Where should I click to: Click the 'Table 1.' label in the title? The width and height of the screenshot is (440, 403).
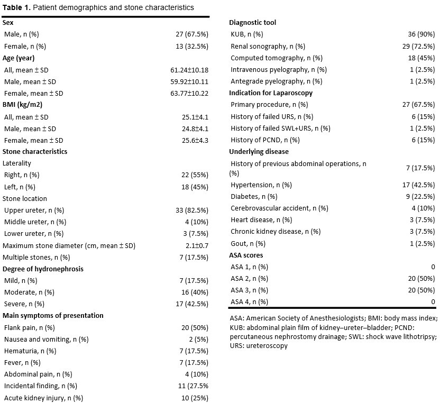(16, 7)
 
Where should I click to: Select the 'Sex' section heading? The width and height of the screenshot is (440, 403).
(8, 22)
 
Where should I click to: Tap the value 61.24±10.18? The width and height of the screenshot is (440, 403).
(189, 70)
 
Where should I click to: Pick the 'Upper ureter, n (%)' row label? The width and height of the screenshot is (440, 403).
(34, 210)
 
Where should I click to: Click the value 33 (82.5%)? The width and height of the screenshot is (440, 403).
(192, 210)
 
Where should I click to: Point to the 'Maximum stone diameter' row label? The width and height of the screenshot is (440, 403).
(43, 245)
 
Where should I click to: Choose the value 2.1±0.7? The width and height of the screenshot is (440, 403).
(197, 245)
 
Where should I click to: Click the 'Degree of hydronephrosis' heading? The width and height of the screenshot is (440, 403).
(43, 269)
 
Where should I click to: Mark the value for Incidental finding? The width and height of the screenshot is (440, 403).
(193, 386)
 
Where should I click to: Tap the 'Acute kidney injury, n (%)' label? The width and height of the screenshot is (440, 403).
(43, 398)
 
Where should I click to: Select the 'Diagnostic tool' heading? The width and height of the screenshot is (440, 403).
(253, 22)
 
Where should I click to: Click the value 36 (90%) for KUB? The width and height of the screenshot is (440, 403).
(421, 34)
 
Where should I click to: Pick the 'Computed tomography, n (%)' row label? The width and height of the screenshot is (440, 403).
(277, 58)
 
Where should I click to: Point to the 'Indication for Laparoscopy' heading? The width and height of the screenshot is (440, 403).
(271, 93)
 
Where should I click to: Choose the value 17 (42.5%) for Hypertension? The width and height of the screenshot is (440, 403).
(418, 185)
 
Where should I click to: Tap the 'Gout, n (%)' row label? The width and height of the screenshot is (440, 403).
(248, 244)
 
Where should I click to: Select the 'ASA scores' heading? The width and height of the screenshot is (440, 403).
(246, 255)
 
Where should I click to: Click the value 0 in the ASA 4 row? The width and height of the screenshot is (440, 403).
(433, 301)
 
